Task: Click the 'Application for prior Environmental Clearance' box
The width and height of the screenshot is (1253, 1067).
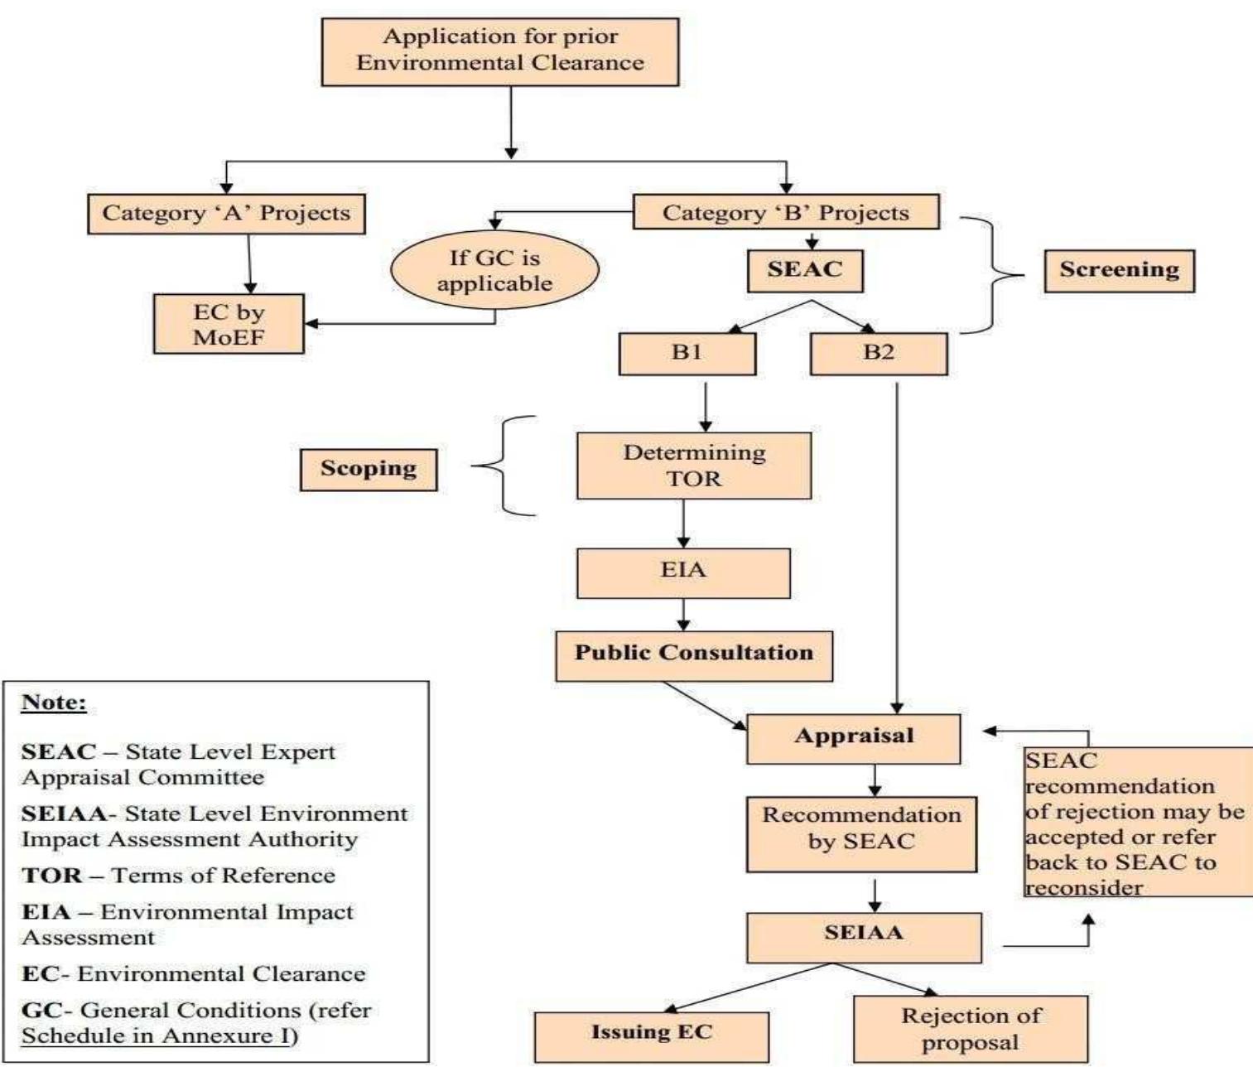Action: [x=500, y=51]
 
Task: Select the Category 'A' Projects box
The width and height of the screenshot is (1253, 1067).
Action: [x=226, y=214]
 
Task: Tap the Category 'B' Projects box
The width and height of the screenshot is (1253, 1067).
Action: [x=786, y=212]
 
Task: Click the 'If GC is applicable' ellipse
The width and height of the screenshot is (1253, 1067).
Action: [x=494, y=271]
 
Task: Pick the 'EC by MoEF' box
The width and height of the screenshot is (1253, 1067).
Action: [x=229, y=324]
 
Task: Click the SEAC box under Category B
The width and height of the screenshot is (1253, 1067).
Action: [x=805, y=270]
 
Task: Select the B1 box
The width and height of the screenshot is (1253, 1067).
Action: [x=687, y=353]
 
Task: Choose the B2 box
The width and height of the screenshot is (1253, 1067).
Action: [x=879, y=353]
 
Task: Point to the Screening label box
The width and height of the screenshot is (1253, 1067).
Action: [x=1119, y=270]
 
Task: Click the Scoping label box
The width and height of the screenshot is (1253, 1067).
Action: [x=369, y=469]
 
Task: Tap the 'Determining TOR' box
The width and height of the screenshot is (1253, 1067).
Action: [x=694, y=466]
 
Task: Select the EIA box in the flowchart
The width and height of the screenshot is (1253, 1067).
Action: [x=683, y=572]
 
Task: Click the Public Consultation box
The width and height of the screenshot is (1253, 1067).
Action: [x=694, y=654]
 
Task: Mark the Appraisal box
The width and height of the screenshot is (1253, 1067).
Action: [x=854, y=737]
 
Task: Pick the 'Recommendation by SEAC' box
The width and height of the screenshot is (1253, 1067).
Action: [x=861, y=833]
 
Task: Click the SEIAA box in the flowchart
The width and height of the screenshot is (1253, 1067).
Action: [x=864, y=936]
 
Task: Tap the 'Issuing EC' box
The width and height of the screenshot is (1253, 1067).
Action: [x=652, y=1036]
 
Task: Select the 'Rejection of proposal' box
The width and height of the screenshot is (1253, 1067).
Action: [x=971, y=1029]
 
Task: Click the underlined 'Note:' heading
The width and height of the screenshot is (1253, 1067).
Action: [x=54, y=702]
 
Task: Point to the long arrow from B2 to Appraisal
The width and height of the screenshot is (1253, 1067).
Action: [x=897, y=547]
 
